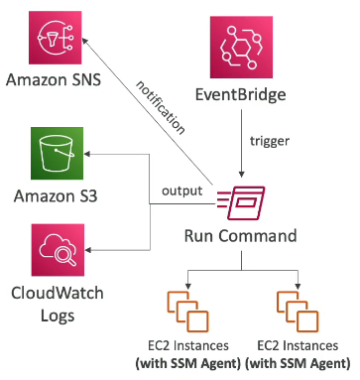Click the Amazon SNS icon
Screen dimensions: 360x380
click(55, 38)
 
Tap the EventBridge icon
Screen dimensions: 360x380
click(241, 47)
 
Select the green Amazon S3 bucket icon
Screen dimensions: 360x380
click(57, 153)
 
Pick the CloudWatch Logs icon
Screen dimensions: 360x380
click(58, 250)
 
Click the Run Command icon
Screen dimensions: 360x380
click(241, 202)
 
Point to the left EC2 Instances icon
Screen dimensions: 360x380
click(188, 312)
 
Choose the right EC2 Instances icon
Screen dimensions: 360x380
click(298, 312)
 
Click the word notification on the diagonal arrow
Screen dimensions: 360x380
click(161, 107)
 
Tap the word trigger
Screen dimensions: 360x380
click(270, 141)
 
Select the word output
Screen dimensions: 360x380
click(182, 190)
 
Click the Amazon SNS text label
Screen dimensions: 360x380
click(54, 80)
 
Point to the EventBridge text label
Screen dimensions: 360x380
click(241, 94)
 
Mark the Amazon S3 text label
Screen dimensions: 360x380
click(56, 195)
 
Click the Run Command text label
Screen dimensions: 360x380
click(240, 236)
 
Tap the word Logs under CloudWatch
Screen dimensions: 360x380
click(58, 316)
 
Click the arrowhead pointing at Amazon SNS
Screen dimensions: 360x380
click(84, 41)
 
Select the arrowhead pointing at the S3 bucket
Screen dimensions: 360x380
click(87, 154)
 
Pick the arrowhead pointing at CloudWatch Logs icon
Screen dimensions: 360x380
click(88, 250)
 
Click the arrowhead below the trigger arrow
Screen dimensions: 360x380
click(242, 175)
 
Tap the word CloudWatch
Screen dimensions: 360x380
click(58, 293)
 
